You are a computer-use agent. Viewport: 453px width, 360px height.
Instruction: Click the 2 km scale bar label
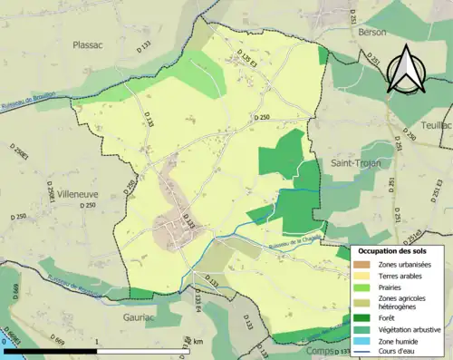[x=195, y=342]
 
